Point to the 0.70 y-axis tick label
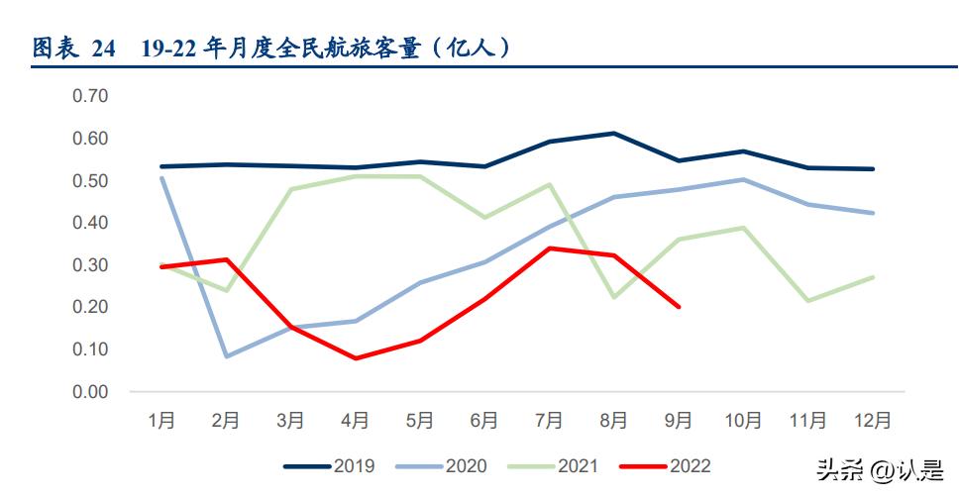tap(90, 96)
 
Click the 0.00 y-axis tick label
tap(90, 392)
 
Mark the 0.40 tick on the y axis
tap(90, 223)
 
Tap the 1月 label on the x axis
tap(161, 421)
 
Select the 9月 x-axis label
tap(679, 421)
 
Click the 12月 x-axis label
tap(872, 421)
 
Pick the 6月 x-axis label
tap(484, 421)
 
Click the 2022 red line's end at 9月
tap(679, 307)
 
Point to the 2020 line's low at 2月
tap(226, 356)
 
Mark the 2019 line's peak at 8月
tap(614, 133)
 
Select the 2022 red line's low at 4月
tap(356, 358)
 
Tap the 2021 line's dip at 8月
tap(614, 297)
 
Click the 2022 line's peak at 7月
tap(550, 248)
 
